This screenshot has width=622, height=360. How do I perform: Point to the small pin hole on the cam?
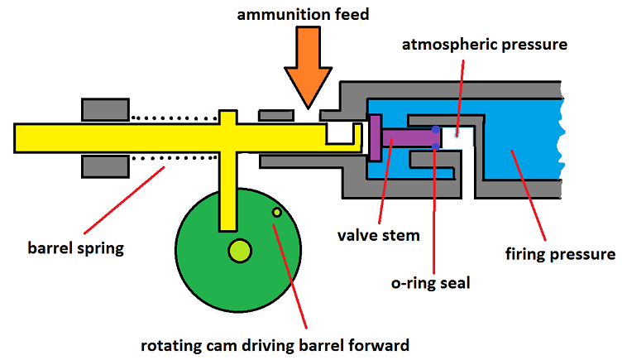(x=277, y=213)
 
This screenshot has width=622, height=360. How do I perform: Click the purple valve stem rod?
(x=405, y=137)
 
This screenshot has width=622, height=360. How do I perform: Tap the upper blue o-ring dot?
(x=436, y=128)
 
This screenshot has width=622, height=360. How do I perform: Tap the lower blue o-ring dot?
(x=436, y=147)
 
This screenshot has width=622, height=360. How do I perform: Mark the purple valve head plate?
(x=375, y=137)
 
